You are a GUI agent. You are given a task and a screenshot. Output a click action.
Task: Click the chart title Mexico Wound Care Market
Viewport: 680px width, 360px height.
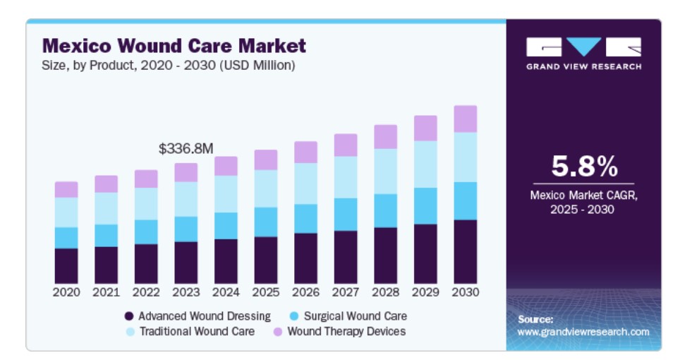174,47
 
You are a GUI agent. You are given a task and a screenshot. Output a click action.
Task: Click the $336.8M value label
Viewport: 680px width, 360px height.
186,149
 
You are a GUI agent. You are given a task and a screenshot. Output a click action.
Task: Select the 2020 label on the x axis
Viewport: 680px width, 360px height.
66,292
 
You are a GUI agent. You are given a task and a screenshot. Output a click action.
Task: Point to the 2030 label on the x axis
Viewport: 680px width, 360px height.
465,292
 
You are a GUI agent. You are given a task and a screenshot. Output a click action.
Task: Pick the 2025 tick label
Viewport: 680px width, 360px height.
265,292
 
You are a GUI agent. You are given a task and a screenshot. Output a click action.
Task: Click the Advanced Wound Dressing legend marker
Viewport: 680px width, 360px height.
129,316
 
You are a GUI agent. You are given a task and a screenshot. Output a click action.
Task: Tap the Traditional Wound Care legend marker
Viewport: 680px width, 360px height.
129,331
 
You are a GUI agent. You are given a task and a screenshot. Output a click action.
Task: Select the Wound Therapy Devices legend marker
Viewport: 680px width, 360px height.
277,331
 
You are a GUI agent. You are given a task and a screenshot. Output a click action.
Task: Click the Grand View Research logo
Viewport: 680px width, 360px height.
583,53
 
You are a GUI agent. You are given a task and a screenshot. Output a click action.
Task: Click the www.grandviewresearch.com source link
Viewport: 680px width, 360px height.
583,332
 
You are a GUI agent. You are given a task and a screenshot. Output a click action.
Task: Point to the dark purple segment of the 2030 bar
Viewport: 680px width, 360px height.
465,251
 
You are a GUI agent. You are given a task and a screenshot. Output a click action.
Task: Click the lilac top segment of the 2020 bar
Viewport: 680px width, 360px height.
66,189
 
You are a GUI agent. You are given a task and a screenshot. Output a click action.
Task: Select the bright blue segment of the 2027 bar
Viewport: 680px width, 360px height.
346,215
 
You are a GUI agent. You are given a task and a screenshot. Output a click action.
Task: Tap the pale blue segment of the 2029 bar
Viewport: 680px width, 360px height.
425,164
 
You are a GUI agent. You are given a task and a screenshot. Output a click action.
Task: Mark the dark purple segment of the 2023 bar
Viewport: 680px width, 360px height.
186,263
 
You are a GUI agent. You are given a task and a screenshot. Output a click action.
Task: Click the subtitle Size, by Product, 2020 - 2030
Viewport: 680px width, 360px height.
169,66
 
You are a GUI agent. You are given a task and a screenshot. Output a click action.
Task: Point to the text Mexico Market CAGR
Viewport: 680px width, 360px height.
583,196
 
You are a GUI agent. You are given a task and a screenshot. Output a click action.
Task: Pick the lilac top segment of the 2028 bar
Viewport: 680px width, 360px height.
385,137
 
